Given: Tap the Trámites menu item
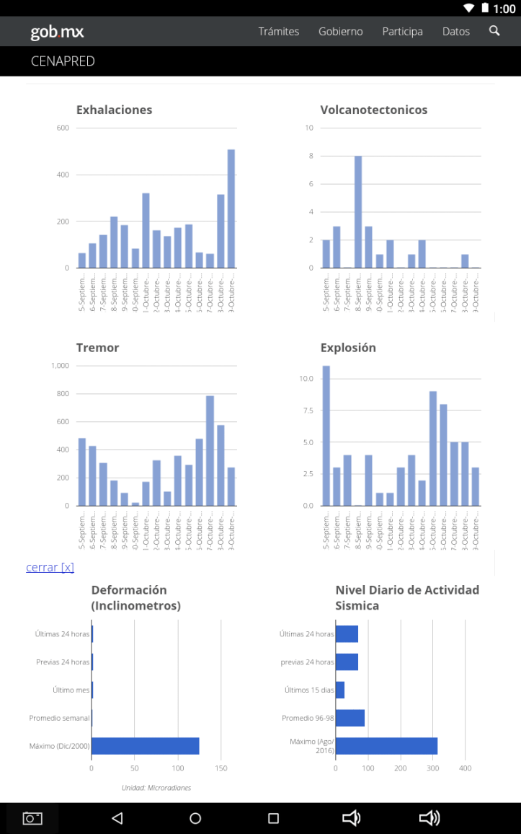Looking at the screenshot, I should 278,31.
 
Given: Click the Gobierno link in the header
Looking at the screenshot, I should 340,31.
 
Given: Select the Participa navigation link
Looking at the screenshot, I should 402,31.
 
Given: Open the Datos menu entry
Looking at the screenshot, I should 455,31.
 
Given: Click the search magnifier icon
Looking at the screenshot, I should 494,30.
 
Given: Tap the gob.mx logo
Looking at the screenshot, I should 57,32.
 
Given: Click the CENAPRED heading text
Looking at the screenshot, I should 63,61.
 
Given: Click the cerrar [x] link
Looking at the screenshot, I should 50,567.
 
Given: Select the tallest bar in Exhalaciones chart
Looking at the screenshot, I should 231,208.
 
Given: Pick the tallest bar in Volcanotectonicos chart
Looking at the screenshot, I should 358,211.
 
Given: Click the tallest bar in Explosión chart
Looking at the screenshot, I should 326,436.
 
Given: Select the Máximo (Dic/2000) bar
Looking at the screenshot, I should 145,746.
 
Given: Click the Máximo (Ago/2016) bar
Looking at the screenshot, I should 386,746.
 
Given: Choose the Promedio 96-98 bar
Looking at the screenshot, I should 350,718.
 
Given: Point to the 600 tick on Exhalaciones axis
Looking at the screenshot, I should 63,128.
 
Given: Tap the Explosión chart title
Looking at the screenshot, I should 348,348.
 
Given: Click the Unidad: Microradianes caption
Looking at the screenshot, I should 156,787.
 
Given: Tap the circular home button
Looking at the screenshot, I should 195,818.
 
